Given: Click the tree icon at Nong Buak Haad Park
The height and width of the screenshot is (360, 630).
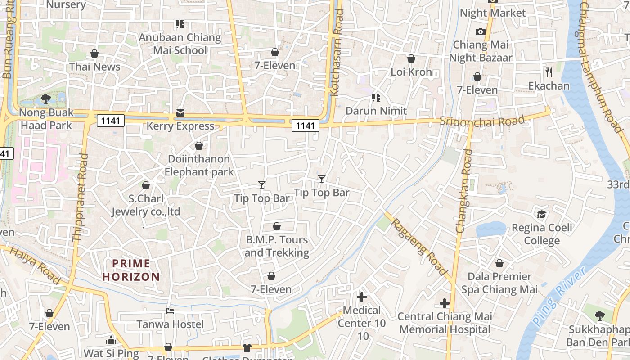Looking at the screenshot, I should [x=45, y=99].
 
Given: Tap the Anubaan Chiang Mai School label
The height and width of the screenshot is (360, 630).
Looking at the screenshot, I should [x=180, y=44].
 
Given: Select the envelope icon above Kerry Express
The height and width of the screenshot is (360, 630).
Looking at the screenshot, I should [x=180, y=112].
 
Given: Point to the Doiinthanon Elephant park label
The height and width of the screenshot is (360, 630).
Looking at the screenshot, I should [x=199, y=165].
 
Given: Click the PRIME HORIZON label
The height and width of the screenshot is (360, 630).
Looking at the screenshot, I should [x=131, y=270].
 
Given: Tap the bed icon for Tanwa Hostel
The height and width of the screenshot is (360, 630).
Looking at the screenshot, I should [x=170, y=311].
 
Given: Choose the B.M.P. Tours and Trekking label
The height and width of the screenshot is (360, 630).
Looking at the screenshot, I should [x=277, y=246].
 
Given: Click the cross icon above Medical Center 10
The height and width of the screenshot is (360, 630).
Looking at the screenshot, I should [x=362, y=297].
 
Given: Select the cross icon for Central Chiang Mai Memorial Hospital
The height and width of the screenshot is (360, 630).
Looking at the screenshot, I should [x=445, y=303].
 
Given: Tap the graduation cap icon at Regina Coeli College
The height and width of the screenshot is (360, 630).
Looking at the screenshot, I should [x=541, y=214].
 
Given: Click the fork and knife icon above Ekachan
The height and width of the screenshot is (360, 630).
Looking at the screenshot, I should [x=549, y=72].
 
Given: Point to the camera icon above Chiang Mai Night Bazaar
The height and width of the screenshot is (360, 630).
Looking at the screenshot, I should [x=480, y=31].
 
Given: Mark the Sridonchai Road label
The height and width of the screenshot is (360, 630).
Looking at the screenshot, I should [x=482, y=121].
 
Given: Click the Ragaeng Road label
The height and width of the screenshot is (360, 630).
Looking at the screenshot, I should [x=419, y=247].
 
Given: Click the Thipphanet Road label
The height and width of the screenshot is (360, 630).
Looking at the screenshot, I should [x=80, y=198].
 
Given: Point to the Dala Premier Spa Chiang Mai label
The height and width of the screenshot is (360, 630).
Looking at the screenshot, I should [x=499, y=283].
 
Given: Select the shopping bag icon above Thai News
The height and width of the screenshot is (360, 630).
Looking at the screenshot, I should [x=94, y=54].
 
